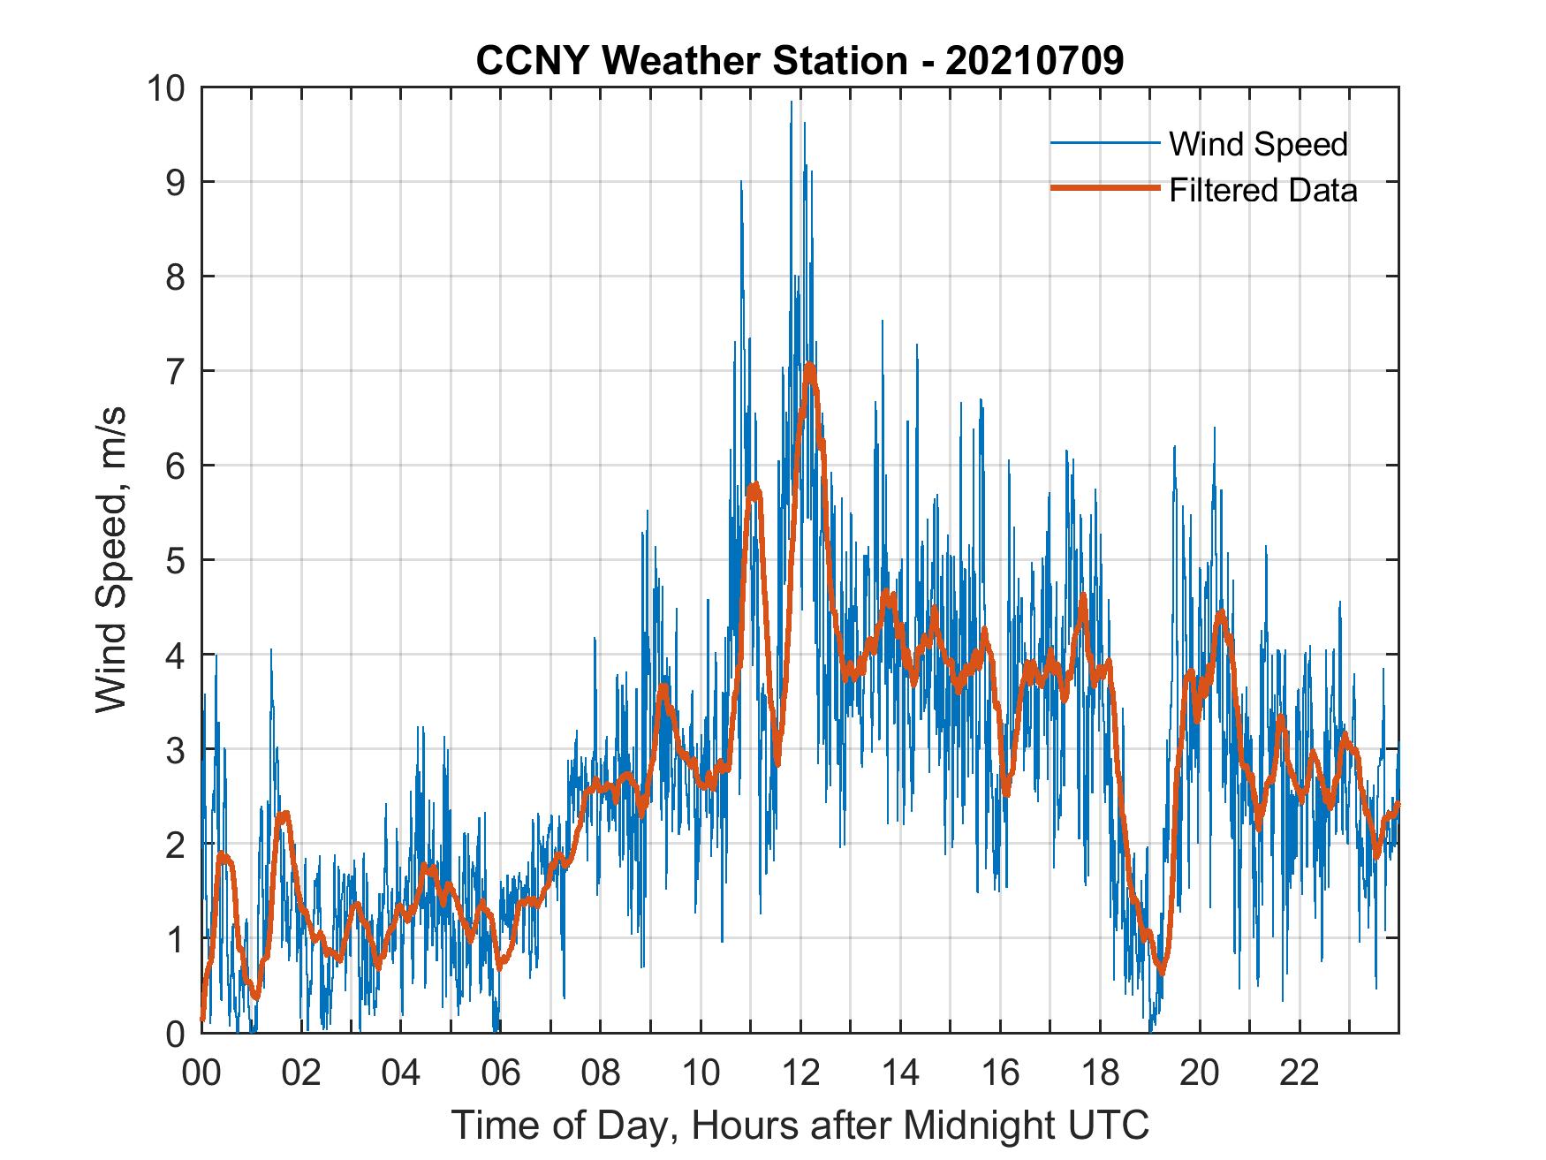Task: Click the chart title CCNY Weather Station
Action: tap(692, 61)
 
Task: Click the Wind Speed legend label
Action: tap(1258, 144)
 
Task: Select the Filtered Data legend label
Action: tap(1262, 190)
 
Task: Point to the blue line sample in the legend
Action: tap(1104, 143)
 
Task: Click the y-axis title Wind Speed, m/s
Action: tap(112, 560)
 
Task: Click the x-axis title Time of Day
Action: tap(800, 1126)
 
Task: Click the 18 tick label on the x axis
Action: tap(1099, 1073)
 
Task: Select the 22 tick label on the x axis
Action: tap(1299, 1073)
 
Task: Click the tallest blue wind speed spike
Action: tap(792, 102)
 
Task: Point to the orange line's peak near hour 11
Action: tap(753, 486)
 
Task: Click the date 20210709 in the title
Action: tap(1034, 61)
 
